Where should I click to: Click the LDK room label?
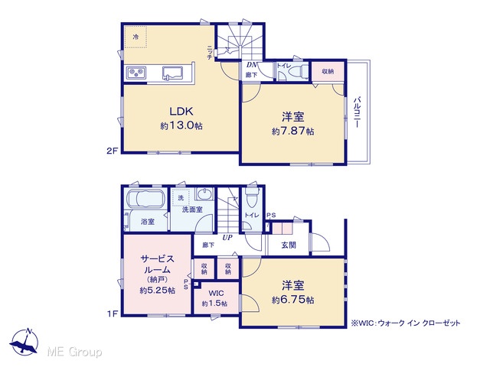pos(181,111)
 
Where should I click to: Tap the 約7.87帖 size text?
pos(292,131)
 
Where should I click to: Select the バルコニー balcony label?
pos(357,112)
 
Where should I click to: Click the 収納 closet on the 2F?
pos(328,71)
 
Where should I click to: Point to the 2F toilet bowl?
pos(298,72)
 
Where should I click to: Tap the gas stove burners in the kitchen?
pos(136,73)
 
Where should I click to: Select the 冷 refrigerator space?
pos(136,37)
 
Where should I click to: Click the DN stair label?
pos(252,65)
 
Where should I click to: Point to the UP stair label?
pos(227,238)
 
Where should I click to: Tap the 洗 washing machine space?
pos(181,197)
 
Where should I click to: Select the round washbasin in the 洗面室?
pos(204,193)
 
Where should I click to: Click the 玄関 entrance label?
pos(288,245)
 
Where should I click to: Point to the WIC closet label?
pos(216,294)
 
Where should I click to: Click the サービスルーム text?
pos(157,264)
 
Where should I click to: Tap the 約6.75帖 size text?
pos(292,300)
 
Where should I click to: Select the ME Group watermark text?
pos(75,352)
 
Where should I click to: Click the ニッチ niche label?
pos(209,52)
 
